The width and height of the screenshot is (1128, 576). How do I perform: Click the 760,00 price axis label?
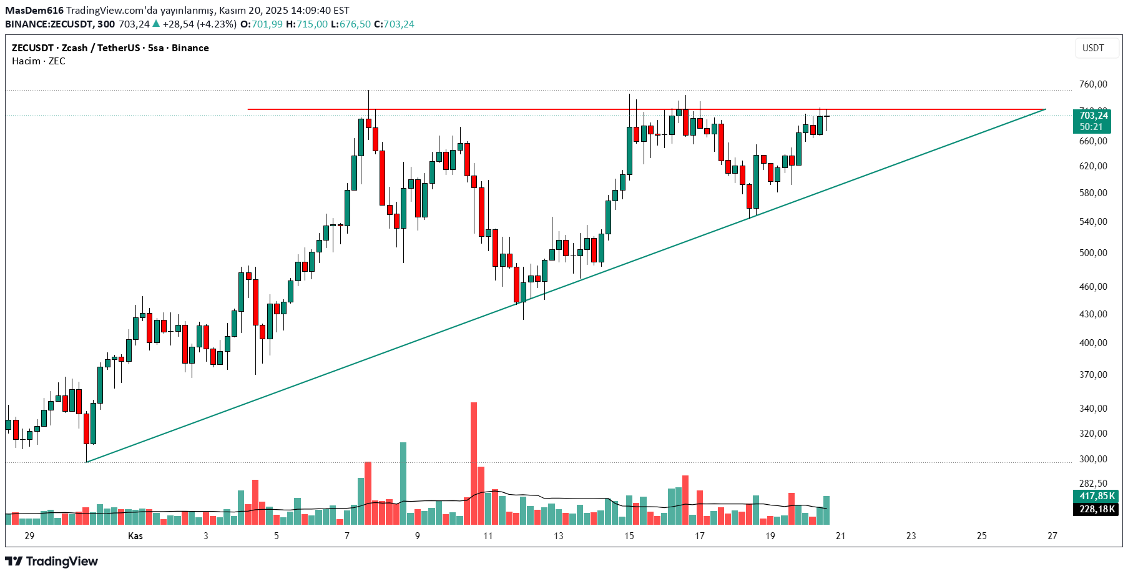point(1093,84)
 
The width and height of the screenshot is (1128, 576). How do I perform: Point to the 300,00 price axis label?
point(1093,459)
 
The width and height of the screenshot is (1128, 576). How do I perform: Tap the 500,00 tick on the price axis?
point(1093,253)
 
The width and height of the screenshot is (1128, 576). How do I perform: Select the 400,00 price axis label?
point(1093,343)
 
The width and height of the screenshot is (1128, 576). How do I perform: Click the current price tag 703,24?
point(1094,116)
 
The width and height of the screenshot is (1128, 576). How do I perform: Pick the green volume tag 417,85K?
point(1097,496)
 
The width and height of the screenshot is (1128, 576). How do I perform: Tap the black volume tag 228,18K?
point(1097,509)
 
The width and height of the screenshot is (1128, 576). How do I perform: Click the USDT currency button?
point(1093,48)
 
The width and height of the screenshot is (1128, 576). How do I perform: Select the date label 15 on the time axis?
point(629,536)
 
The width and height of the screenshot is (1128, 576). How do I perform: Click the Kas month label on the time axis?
point(135,536)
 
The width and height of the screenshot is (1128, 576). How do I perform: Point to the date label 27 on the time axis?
point(1052,536)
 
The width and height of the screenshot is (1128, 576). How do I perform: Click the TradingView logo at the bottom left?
point(52,561)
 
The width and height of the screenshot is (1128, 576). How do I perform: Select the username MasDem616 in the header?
point(34,11)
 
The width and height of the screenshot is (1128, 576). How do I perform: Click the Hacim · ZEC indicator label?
point(39,61)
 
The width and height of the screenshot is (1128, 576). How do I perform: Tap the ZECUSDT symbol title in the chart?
point(32,48)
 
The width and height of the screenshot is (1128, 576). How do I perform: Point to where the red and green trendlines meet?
point(1046,109)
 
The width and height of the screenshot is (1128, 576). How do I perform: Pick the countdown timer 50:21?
point(1091,127)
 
